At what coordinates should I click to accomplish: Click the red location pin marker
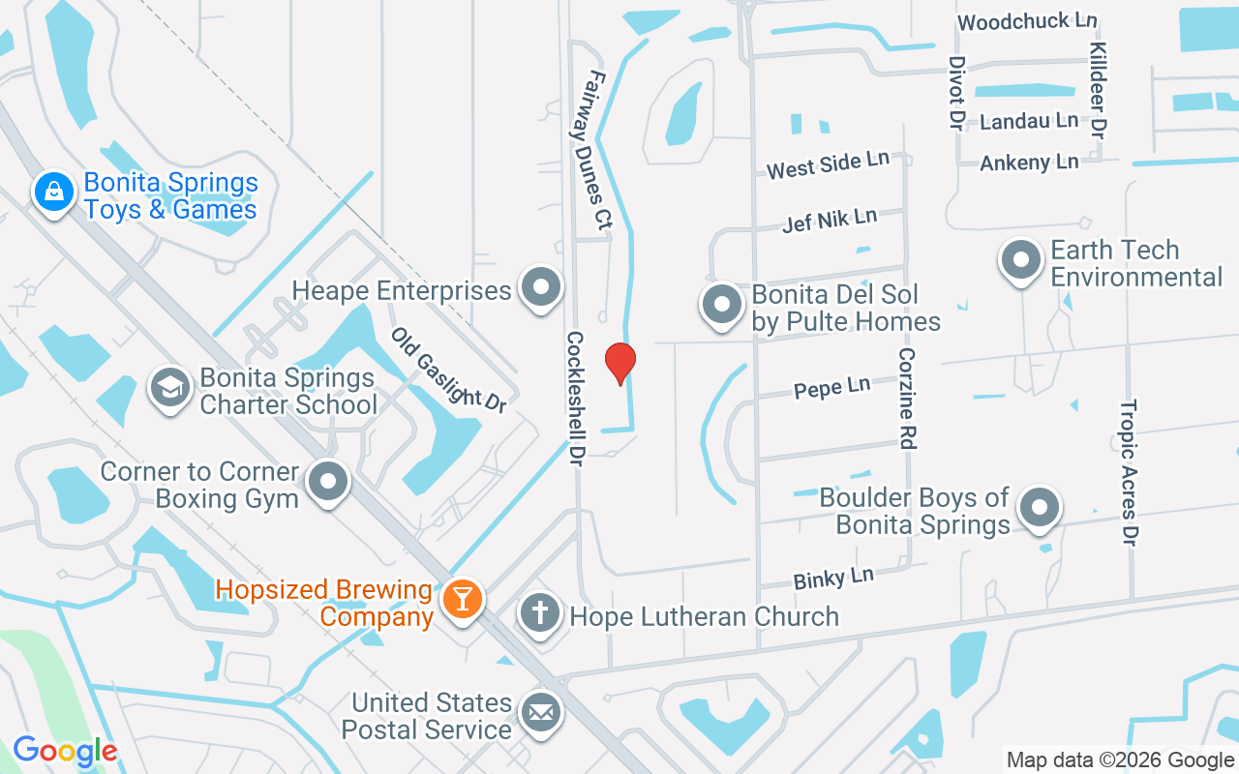[619, 364]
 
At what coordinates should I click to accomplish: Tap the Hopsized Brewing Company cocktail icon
[462, 599]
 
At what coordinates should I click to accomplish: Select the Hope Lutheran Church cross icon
[540, 613]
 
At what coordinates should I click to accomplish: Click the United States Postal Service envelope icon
[540, 713]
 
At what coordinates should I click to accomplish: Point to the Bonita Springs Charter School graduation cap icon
[169, 388]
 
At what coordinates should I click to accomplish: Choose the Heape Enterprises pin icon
[540, 287]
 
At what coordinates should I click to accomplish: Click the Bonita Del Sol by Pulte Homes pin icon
[721, 305]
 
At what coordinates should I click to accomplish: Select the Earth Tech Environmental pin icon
[1020, 260]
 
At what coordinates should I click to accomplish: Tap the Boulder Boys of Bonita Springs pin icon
[1041, 507]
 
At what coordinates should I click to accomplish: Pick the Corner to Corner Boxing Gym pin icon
[329, 481]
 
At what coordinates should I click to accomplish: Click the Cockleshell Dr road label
[576, 400]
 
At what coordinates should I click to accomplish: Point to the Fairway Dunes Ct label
[594, 151]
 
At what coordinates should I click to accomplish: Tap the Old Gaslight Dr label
[449, 370]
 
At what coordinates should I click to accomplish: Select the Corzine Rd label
[907, 399]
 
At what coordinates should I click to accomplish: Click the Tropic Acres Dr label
[1128, 473]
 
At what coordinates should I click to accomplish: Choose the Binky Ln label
[833, 579]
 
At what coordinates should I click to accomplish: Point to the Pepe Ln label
[831, 388]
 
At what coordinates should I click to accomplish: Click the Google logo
[65, 751]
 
